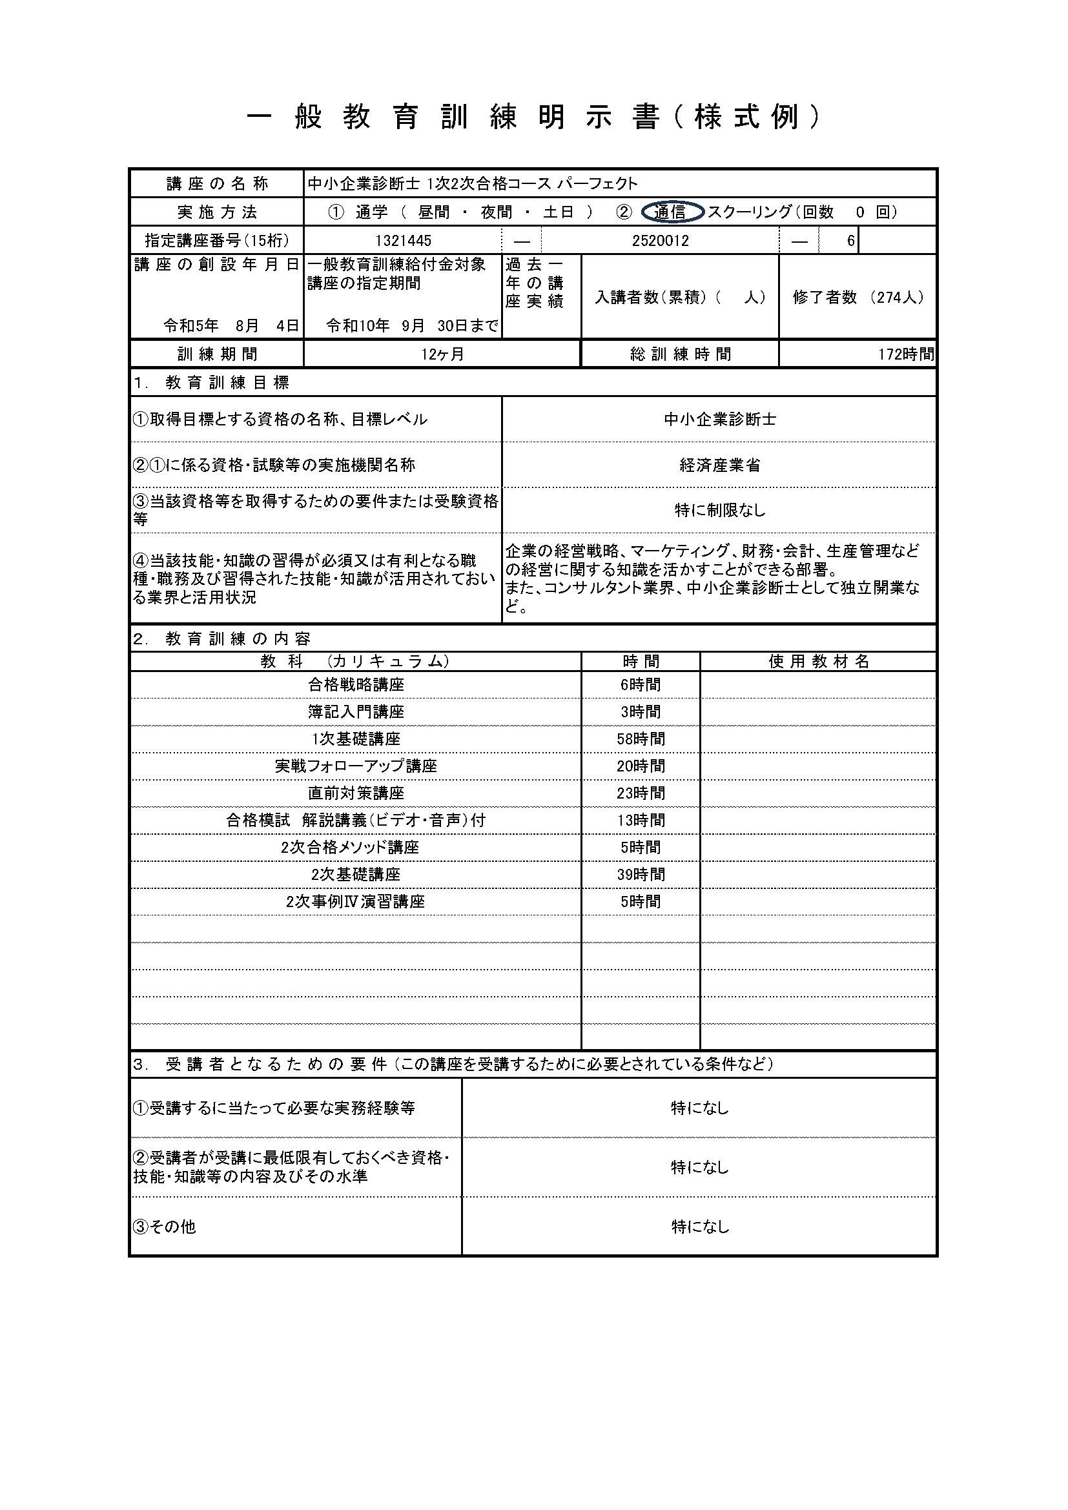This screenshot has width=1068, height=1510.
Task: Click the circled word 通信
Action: tap(670, 212)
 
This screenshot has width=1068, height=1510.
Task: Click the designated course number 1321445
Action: tap(403, 241)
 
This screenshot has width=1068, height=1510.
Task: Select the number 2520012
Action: tap(661, 241)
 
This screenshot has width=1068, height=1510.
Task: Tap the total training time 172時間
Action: tap(905, 354)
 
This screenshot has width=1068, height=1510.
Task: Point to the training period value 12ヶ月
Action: tap(442, 354)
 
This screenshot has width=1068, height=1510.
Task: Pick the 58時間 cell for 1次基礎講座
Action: tap(641, 739)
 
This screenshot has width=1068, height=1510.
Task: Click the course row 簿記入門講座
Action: tap(356, 712)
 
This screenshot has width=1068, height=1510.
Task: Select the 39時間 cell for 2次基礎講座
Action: tap(641, 875)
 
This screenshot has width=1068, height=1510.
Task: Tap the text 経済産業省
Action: tap(719, 465)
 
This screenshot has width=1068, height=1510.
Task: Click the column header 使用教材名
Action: tap(819, 662)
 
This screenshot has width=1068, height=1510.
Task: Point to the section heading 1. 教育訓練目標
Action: tap(211, 383)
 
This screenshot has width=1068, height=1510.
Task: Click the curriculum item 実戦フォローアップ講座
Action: tap(356, 766)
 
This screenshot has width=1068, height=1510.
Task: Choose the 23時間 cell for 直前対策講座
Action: tap(641, 794)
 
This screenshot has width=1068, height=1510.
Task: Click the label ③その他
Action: tap(165, 1227)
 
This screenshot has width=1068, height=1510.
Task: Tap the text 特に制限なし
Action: tap(719, 511)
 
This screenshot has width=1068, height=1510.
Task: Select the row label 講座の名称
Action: tap(217, 184)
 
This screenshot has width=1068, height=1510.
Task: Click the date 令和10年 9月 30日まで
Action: tap(412, 325)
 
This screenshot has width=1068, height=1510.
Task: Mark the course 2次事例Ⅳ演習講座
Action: tap(356, 902)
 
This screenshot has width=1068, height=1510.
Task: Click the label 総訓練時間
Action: tap(680, 354)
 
